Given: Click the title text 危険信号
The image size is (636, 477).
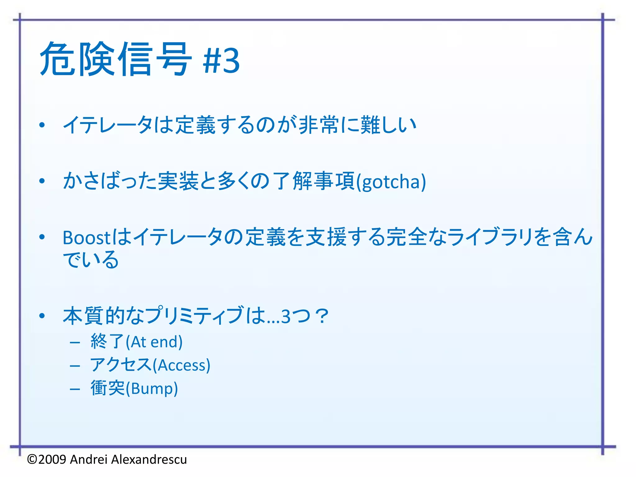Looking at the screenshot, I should pos(116,59).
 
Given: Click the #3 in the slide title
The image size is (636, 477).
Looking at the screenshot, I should pos(221,61).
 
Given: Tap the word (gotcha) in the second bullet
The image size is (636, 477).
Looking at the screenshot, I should pos(391,182).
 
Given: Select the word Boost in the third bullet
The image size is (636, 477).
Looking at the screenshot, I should pos(86,238).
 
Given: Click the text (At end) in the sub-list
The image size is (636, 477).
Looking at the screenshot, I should pos(154,342).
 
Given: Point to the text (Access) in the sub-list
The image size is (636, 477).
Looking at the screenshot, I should pos(182,365).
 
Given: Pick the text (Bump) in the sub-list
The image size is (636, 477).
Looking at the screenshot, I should pos(152,389).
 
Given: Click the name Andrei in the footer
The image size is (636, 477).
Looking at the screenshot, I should pos(89,459).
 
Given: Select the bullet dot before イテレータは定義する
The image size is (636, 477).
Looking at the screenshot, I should pos(42,125).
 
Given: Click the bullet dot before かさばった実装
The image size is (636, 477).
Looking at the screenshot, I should pos(42,181).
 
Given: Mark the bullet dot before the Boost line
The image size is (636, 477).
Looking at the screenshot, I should pos(42,237).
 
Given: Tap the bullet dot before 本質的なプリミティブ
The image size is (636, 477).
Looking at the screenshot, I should pos(42,316).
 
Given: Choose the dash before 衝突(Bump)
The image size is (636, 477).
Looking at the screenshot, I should pos(75,389).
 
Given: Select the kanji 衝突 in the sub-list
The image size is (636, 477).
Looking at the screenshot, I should pos(107,388).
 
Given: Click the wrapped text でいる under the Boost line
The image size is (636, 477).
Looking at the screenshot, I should pos(91,260).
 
